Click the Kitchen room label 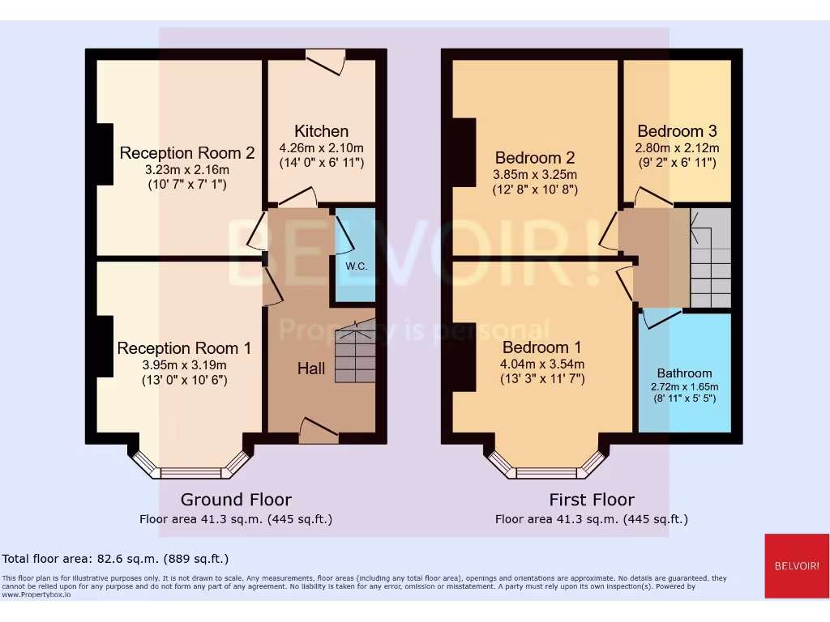coord(321,131)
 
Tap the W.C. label coord(357,266)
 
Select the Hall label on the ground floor coord(311,369)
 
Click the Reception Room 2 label coord(187,153)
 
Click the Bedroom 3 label coord(677,131)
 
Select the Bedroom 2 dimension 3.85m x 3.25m coord(535,175)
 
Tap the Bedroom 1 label coord(541,348)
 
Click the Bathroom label coord(685,373)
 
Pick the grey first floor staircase coord(710,258)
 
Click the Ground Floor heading coord(236,500)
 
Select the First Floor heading coord(592,500)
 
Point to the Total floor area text coord(115,559)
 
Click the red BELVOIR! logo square coord(796,565)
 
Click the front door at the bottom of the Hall coord(319,429)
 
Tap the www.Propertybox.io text coord(36,594)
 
